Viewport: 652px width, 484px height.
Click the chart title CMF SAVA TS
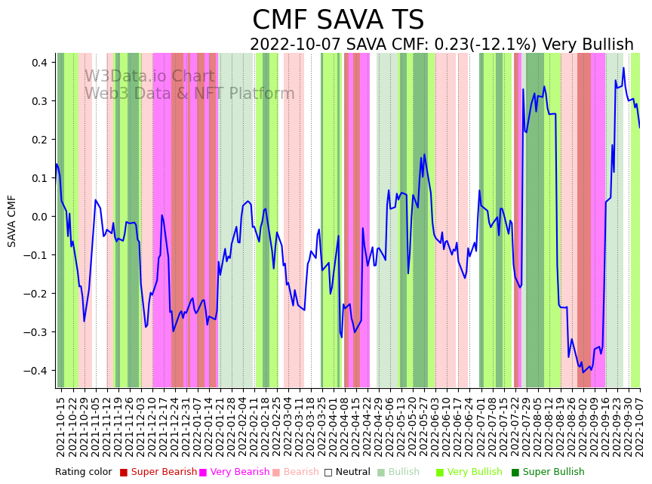[338, 20]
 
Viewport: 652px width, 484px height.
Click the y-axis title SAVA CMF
[12, 220]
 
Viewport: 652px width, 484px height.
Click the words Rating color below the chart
[83, 472]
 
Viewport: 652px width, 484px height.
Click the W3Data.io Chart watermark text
[149, 76]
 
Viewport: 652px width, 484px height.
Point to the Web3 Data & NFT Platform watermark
[189, 94]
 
